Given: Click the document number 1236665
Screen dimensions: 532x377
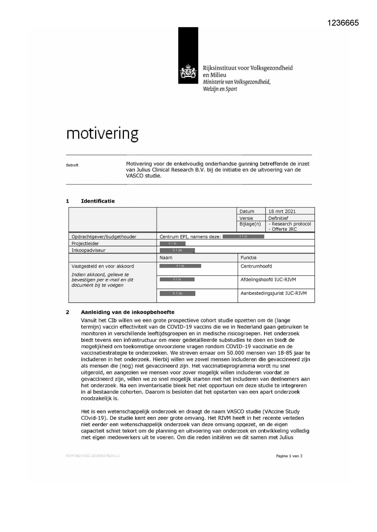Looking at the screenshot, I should click(343, 23).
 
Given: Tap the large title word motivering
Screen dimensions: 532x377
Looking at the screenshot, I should click(102, 133).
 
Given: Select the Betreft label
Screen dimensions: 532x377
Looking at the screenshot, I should click(72, 165).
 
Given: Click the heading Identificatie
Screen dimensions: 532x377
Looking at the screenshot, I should click(98, 201).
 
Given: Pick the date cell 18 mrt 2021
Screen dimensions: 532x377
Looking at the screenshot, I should click(282, 211).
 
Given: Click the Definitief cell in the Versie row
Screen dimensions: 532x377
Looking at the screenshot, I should click(278, 218).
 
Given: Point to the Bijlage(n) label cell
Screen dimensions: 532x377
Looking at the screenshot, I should click(250, 224).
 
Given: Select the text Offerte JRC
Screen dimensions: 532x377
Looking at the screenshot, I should click(284, 229).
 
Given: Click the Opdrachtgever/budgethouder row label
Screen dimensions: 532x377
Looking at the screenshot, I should click(104, 237).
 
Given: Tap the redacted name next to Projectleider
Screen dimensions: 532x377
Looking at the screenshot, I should click(173, 244).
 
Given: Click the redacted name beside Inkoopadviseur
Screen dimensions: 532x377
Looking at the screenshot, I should click(177, 251).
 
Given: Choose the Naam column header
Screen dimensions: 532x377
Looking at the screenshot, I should click(166, 258).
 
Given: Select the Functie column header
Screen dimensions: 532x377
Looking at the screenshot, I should click(248, 258).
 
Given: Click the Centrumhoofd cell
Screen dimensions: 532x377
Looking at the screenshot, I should click(256, 266).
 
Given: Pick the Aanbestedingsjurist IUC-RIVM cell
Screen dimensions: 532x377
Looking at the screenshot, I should click(273, 293).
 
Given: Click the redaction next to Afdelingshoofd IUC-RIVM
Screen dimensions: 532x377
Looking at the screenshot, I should click(177, 280).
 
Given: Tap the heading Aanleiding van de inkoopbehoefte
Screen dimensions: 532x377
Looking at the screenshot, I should click(127, 312).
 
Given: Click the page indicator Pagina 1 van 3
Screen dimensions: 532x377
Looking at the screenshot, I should click(289, 456).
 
